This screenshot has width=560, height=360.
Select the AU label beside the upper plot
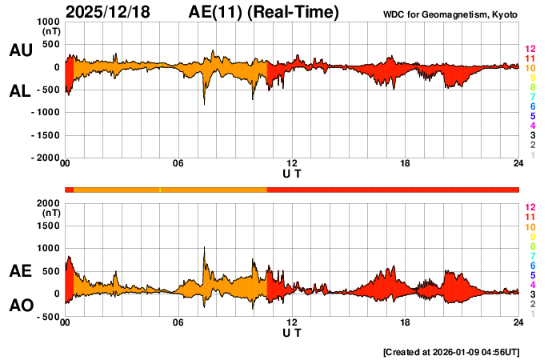(20, 50)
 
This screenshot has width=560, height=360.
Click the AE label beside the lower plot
(20, 271)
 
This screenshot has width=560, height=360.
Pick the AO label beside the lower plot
(20, 306)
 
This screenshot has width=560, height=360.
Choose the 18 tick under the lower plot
(406, 322)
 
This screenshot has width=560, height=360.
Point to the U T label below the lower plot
(292, 333)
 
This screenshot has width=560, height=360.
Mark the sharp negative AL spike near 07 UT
(204, 104)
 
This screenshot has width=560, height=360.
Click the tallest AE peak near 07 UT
(204, 248)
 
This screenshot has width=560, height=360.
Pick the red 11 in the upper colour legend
(530, 58)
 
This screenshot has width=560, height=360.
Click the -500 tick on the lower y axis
(48, 317)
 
